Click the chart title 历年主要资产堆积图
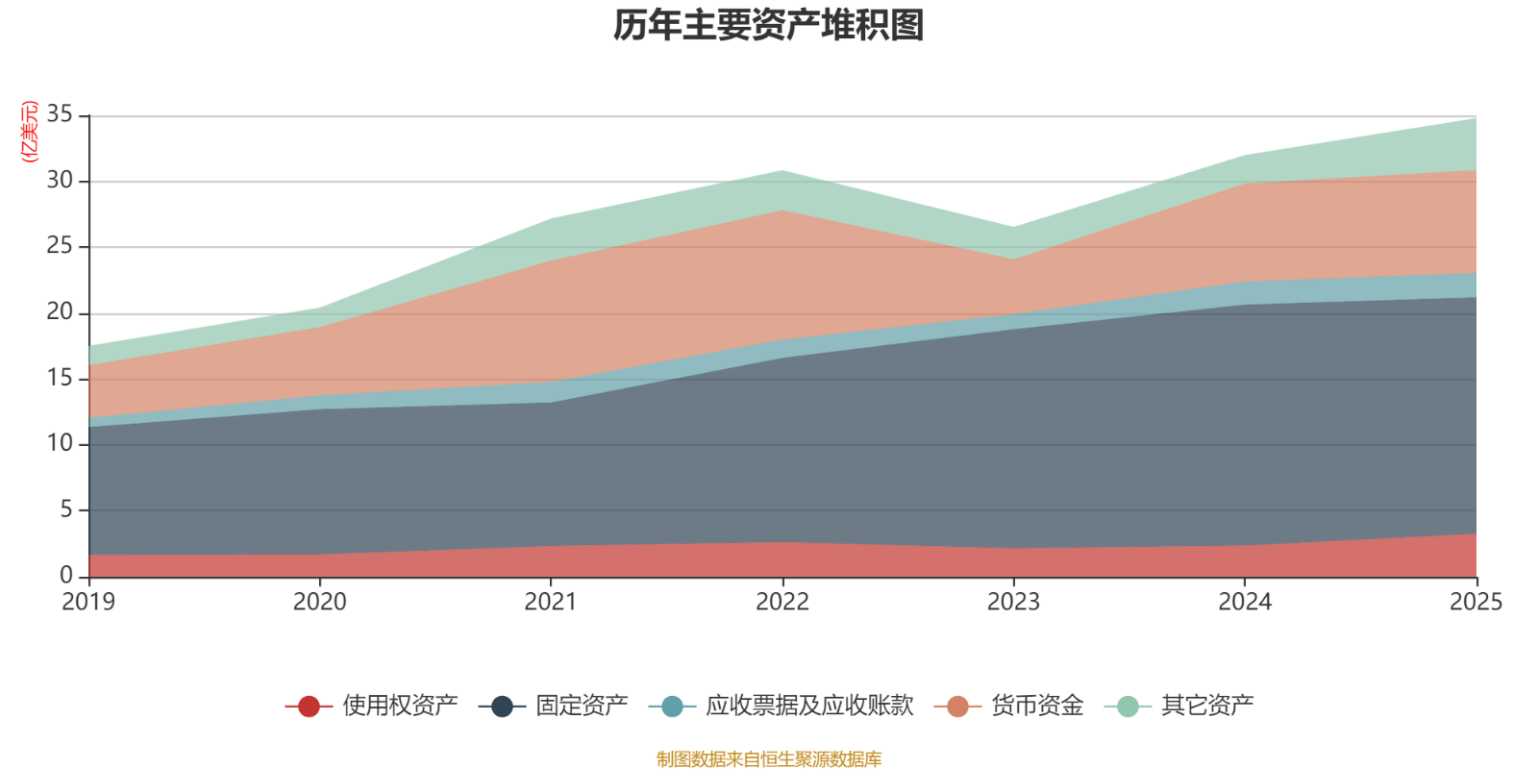pyautogui.click(x=769, y=26)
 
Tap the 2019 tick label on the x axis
pyautogui.click(x=88, y=602)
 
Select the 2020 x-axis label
pyautogui.click(x=319, y=602)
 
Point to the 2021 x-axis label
pyautogui.click(x=551, y=602)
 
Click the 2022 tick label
pyautogui.click(x=782, y=602)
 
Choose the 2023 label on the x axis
pyautogui.click(x=1013, y=602)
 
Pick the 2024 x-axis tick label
pyautogui.click(x=1245, y=602)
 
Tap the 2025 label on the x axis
pyautogui.click(x=1476, y=602)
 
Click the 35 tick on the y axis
pyautogui.click(x=60, y=115)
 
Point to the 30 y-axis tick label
pyautogui.click(x=60, y=181)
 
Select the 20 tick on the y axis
pyautogui.click(x=60, y=312)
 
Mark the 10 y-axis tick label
pyautogui.click(x=60, y=444)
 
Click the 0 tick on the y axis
pyautogui.click(x=66, y=575)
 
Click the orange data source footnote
pyautogui.click(x=769, y=759)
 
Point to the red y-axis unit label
pyautogui.click(x=30, y=131)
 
